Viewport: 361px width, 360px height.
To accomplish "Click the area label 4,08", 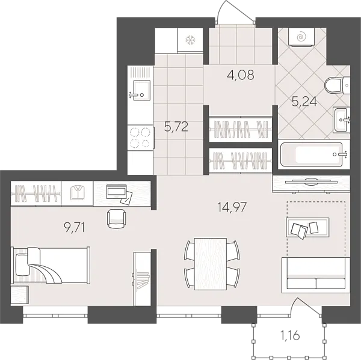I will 241,76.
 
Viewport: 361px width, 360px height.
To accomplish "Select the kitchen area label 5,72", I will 177,127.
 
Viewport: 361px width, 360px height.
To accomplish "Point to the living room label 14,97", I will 232,208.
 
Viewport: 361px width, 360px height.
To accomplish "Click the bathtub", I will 313,154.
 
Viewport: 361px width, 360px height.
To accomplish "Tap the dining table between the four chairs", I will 211,262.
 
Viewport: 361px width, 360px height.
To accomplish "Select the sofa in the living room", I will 315,275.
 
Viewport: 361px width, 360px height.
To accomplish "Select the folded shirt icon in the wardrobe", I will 77,194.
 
